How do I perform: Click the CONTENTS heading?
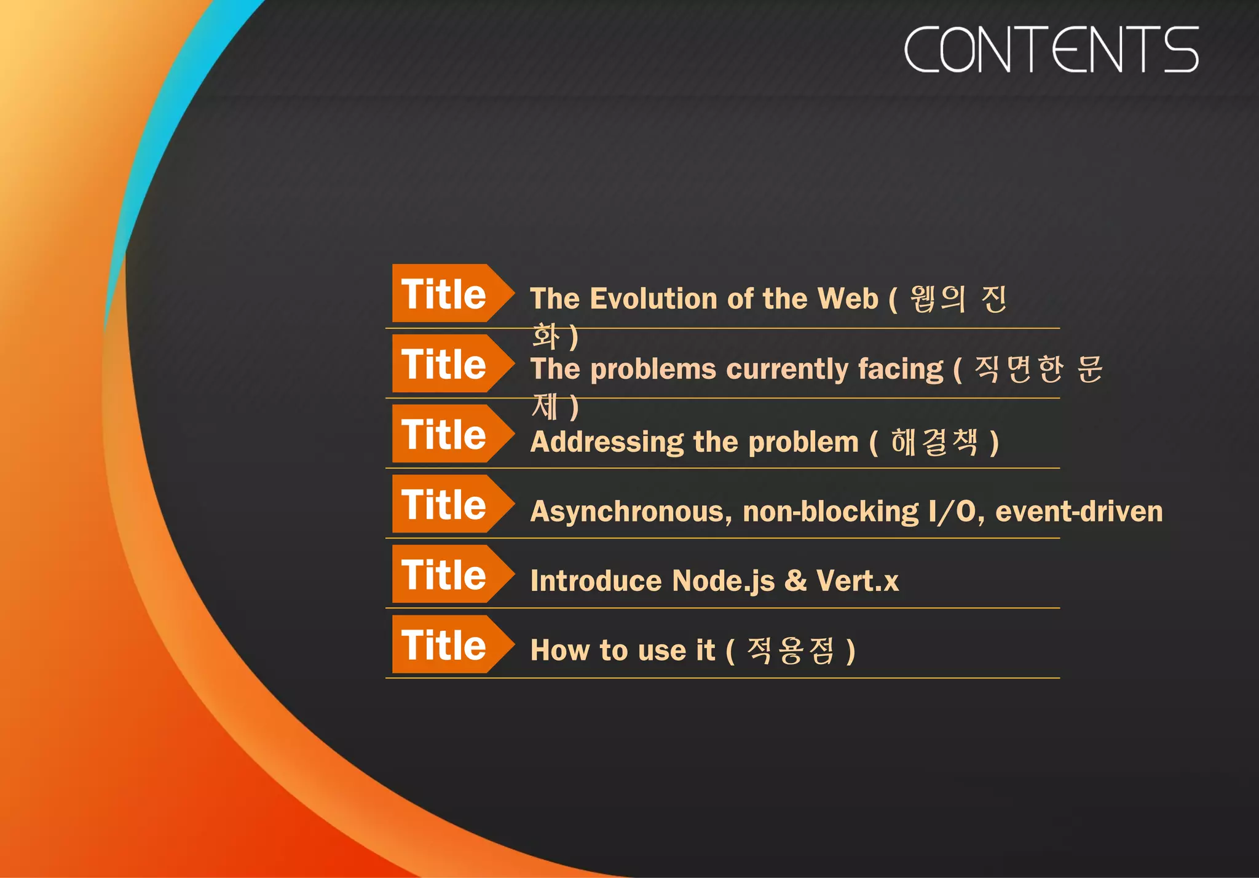click(x=1051, y=49)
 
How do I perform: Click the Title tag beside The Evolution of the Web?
click(x=444, y=294)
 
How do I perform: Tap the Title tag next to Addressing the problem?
click(x=444, y=434)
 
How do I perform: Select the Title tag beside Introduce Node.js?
click(x=444, y=574)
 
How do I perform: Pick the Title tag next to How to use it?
click(x=444, y=644)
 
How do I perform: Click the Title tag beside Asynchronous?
click(x=444, y=504)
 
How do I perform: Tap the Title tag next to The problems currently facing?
click(x=444, y=364)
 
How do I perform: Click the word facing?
click(x=900, y=370)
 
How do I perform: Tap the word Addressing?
click(x=607, y=442)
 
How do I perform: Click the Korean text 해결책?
click(x=934, y=441)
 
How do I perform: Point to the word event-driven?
click(x=1079, y=512)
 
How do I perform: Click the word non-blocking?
click(x=831, y=512)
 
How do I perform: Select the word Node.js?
click(x=723, y=581)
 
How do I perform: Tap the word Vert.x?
click(x=857, y=581)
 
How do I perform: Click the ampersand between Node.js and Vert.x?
click(x=795, y=581)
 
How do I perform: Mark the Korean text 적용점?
click(x=791, y=651)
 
